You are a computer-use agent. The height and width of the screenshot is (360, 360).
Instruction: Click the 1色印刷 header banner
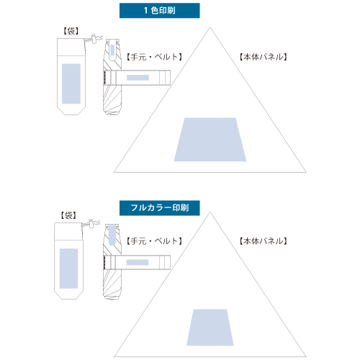click(x=160, y=11)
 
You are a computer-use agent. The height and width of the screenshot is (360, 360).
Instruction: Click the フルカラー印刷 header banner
click(x=160, y=208)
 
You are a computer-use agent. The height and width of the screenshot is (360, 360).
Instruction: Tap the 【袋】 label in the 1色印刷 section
click(x=71, y=31)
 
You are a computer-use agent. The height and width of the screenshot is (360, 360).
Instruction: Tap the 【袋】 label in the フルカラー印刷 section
click(x=68, y=215)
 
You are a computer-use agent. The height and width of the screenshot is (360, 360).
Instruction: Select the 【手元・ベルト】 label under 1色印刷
click(x=154, y=57)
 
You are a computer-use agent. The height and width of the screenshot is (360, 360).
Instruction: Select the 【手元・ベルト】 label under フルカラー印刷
click(x=154, y=241)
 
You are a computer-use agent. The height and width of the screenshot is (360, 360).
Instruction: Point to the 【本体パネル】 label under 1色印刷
click(x=264, y=57)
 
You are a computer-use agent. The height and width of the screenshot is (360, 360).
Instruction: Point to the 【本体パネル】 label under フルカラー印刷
click(x=264, y=241)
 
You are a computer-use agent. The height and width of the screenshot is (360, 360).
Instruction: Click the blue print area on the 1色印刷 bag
click(x=71, y=84)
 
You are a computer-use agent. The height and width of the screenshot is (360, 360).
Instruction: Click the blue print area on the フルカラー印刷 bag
click(x=69, y=269)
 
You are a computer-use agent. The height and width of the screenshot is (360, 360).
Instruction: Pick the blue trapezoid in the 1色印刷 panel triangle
click(x=210, y=140)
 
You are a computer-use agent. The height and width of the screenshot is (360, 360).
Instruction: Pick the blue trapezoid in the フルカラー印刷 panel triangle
click(x=210, y=328)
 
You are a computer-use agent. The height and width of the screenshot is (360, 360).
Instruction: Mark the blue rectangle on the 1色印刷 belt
click(x=138, y=78)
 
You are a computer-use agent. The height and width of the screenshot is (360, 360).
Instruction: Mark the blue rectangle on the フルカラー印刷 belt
click(x=138, y=262)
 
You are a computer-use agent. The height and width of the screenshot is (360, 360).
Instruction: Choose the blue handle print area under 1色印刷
click(x=112, y=49)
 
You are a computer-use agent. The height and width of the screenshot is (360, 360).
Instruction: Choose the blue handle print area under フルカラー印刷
click(x=112, y=235)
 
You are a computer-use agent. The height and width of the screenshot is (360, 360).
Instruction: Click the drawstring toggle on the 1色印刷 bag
click(x=95, y=38)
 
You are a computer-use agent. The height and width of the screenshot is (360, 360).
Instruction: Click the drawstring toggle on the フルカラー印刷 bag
click(x=92, y=223)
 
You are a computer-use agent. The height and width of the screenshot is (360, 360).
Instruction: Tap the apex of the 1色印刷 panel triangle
click(x=210, y=27)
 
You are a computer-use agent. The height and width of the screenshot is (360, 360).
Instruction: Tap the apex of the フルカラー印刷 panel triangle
click(x=210, y=212)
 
